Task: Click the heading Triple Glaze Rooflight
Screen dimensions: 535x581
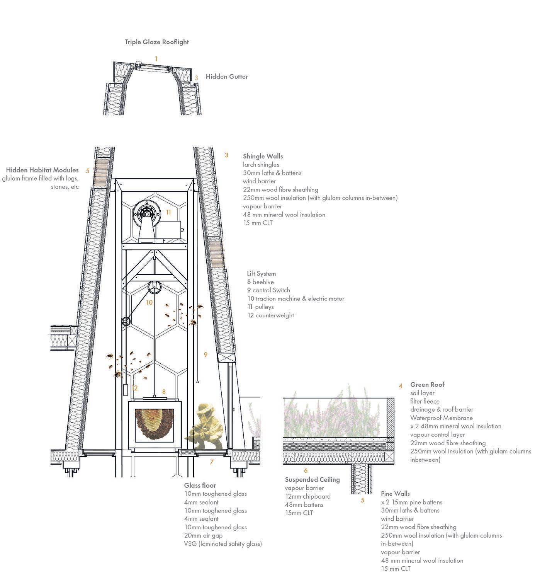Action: (157, 42)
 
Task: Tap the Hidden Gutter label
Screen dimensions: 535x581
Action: (227, 77)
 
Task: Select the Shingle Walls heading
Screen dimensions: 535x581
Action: (263, 156)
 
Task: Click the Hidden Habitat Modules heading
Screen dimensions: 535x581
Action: (42, 170)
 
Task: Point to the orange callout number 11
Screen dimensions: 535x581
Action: (168, 212)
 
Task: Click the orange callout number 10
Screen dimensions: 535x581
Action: (149, 302)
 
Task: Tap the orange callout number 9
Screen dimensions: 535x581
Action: (206, 354)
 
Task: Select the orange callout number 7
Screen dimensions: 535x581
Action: (212, 462)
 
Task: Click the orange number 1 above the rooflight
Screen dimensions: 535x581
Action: (156, 59)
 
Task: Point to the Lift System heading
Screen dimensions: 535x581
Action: (261, 274)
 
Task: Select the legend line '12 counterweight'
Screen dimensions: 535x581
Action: (270, 315)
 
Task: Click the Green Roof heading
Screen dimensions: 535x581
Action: (427, 385)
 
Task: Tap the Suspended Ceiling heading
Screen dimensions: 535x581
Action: (312, 480)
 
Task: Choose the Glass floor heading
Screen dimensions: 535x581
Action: (200, 486)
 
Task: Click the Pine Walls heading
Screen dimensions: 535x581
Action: (395, 494)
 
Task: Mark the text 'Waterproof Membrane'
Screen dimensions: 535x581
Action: (441, 418)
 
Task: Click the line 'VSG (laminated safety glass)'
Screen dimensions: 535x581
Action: (223, 544)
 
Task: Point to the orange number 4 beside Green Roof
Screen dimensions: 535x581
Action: (401, 386)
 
